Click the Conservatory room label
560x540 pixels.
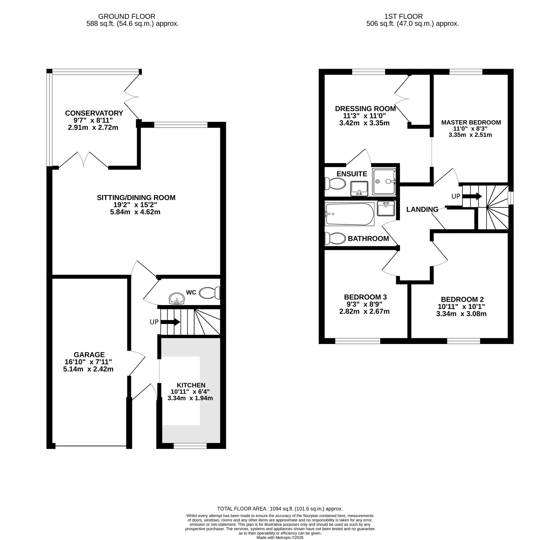pos(94,113)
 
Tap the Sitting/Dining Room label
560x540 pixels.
pos(136,197)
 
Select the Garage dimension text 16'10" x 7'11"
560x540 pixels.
pos(88,362)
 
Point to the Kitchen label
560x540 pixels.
pos(191,385)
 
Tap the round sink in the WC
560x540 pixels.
pos(177,299)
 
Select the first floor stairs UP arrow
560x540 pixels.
pos(472,196)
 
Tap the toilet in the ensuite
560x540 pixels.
pos(335,183)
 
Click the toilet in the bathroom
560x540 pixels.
pos(335,238)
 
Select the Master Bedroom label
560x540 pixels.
pos(471,122)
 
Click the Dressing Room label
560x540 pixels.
pos(365,108)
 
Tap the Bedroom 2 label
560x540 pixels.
pos(462,299)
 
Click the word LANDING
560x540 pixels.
pos(422,210)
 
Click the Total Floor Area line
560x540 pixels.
pos(280,509)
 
